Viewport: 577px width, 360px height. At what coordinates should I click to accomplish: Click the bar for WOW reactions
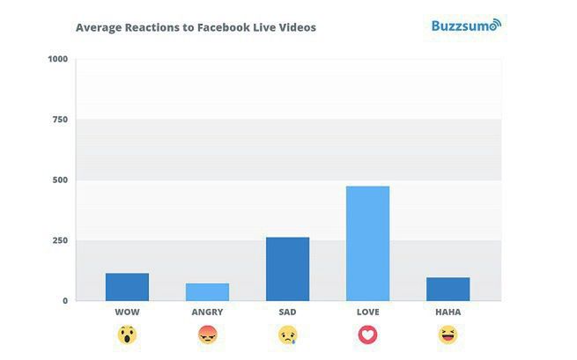(127, 287)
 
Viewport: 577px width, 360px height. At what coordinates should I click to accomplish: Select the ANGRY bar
(207, 292)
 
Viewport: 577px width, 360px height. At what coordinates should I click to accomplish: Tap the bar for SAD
(287, 269)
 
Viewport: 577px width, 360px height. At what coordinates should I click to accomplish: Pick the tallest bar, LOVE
(367, 244)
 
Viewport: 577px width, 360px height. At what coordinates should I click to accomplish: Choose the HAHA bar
(448, 290)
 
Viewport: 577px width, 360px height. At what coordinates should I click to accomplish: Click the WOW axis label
(127, 312)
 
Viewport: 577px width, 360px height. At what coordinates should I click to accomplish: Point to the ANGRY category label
(207, 312)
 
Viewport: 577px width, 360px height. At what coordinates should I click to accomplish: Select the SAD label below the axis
(287, 312)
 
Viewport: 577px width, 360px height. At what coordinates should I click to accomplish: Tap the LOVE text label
(367, 312)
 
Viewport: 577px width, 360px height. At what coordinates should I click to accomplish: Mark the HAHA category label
(448, 312)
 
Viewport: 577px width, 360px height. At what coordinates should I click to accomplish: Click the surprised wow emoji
(127, 334)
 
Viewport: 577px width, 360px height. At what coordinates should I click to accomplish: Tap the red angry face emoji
(207, 334)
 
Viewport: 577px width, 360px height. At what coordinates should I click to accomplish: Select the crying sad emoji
(287, 334)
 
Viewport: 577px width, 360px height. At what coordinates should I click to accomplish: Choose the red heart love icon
(367, 334)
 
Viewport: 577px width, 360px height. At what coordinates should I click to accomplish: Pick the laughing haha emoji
(448, 334)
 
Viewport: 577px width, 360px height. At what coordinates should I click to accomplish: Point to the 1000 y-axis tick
(58, 59)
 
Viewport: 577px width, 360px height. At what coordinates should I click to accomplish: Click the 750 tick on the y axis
(60, 120)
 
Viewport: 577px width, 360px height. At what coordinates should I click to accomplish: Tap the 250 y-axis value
(60, 240)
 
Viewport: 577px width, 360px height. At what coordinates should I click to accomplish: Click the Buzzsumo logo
(465, 25)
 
